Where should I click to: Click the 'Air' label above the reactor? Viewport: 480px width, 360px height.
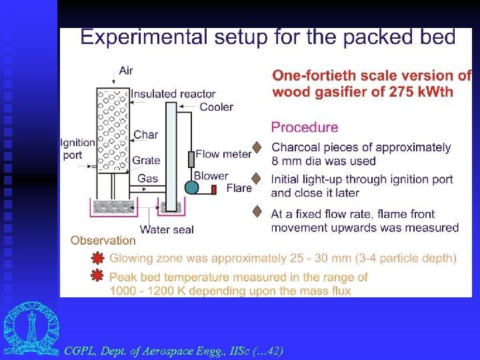(125, 71)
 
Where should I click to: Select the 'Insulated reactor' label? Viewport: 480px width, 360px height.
(173, 94)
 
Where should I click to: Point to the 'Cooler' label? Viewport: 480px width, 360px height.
(217, 107)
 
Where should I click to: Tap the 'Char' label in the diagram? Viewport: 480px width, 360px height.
(146, 135)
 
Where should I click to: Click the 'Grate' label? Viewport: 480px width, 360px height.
(146, 161)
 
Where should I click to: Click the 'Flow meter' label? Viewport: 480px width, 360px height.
(223, 154)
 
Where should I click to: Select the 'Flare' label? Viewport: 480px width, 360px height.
(239, 188)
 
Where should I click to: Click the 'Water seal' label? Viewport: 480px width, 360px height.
(167, 230)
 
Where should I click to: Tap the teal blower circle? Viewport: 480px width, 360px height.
(192, 187)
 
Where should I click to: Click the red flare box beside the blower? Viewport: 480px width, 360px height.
(214, 189)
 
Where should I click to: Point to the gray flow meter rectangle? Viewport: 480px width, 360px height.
(191, 159)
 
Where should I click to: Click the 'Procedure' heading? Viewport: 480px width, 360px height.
(305, 127)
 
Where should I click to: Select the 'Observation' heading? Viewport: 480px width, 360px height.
(103, 241)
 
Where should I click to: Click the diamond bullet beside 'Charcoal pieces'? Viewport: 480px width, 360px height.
(256, 147)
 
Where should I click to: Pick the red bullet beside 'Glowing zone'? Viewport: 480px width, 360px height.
(97, 257)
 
